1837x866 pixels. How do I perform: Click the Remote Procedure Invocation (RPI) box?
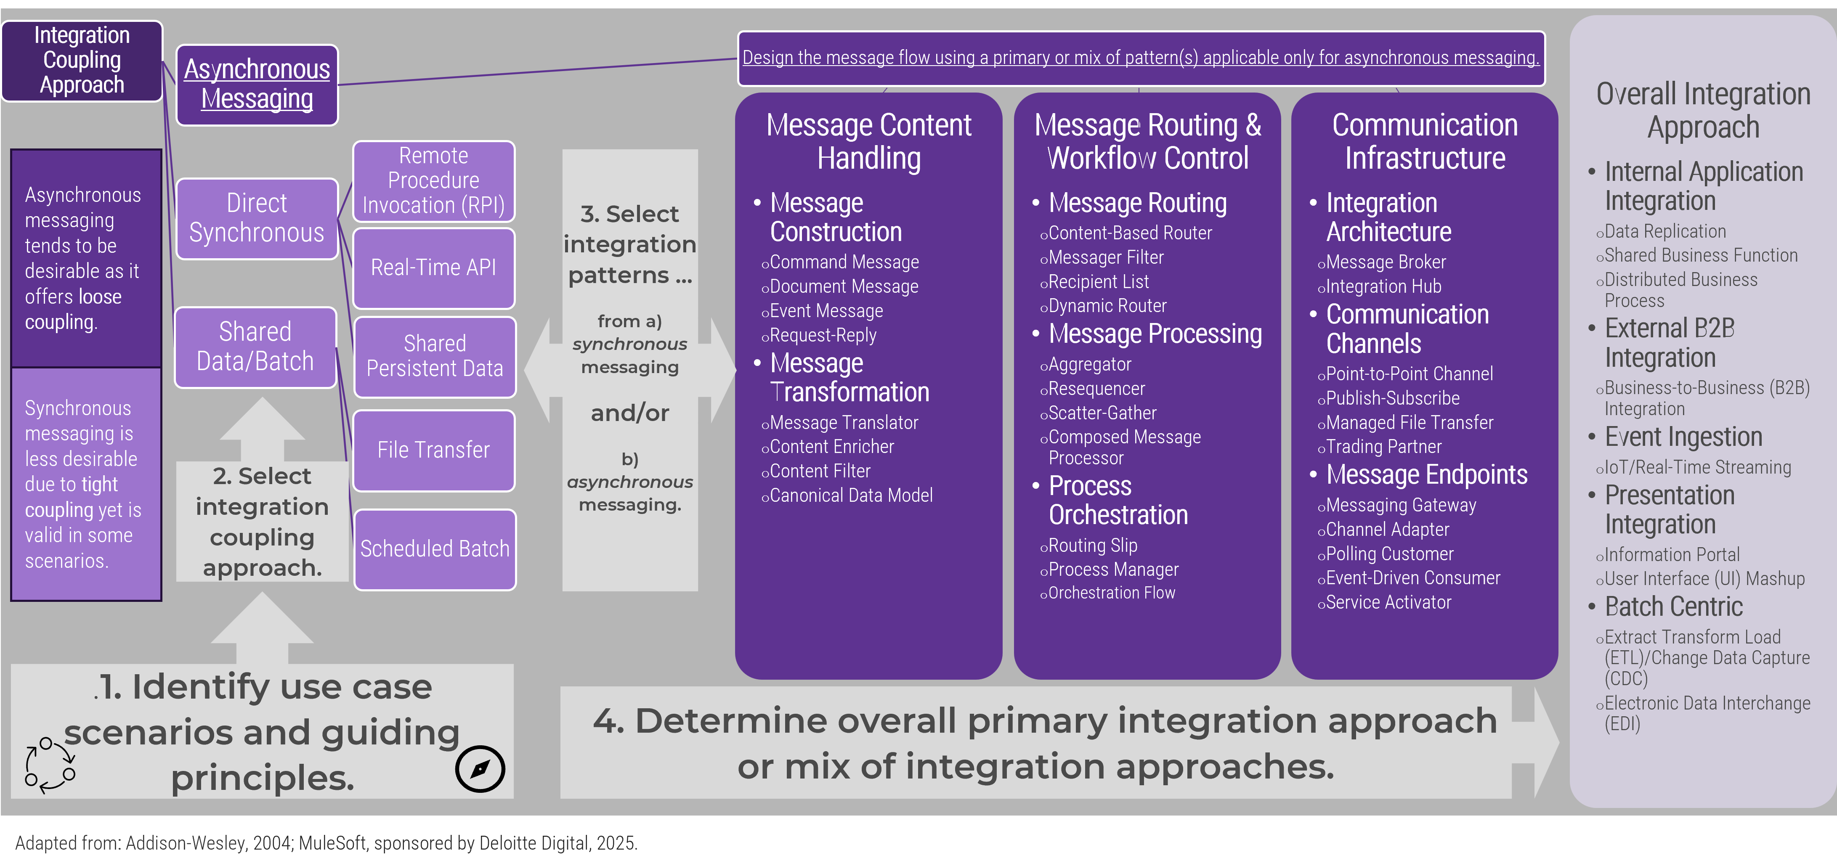click(x=433, y=181)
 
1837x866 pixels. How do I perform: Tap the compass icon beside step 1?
click(x=480, y=769)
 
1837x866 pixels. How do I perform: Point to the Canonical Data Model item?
click(x=851, y=495)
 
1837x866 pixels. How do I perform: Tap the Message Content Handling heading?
click(x=868, y=141)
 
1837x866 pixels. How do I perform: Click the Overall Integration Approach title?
click(x=1703, y=111)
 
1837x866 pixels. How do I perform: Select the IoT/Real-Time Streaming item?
click(x=1697, y=468)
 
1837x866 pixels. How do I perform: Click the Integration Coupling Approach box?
click(x=82, y=61)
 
